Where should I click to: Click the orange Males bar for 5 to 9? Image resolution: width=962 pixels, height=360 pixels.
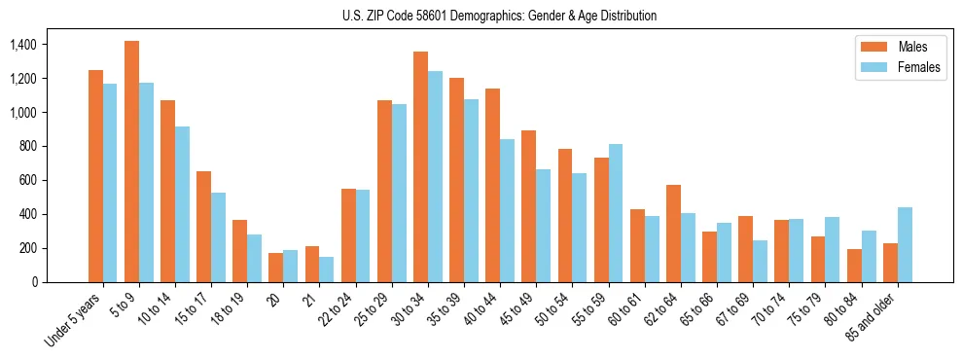click(131, 162)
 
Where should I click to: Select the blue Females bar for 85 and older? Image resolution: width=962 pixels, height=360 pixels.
click(905, 244)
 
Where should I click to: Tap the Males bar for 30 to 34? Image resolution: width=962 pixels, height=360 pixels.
click(420, 166)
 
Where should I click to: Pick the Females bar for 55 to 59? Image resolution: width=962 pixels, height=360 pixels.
click(616, 213)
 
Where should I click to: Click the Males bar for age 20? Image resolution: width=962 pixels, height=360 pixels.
click(275, 268)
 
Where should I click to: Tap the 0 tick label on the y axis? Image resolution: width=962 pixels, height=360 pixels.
click(34, 282)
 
